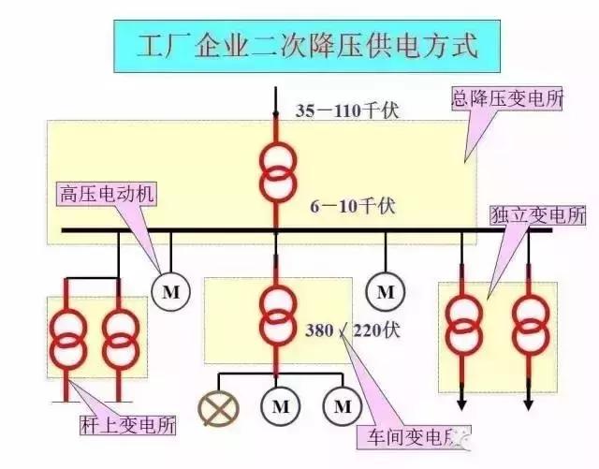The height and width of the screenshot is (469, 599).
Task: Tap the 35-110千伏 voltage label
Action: [347, 110]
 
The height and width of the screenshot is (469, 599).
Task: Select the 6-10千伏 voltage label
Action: [348, 204]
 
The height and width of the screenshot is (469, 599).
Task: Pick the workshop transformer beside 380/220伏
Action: [277, 316]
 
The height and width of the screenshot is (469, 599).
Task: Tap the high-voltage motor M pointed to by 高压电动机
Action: [170, 292]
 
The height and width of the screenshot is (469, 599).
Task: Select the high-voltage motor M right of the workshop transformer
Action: [385, 292]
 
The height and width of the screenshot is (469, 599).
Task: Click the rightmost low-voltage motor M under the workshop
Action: [341, 406]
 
